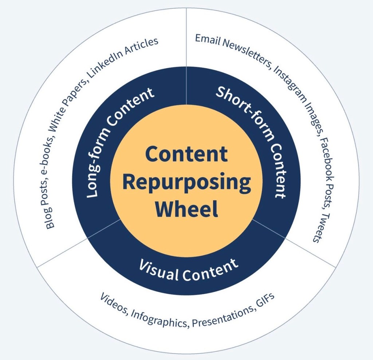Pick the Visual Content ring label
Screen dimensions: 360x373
point(189,269)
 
